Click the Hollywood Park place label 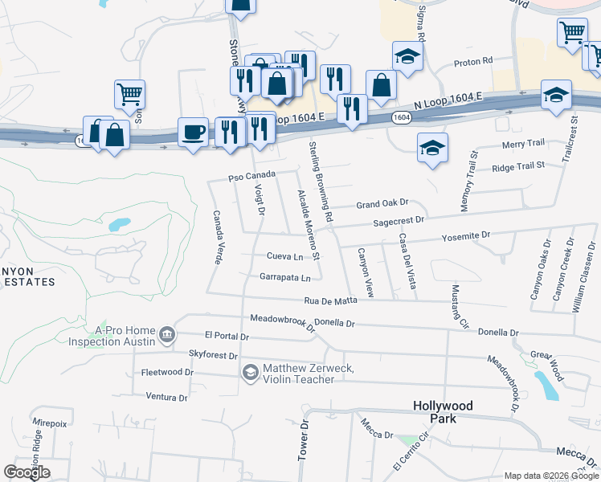point(443,412)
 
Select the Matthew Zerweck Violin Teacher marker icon point(250,372)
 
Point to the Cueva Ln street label point(285,257)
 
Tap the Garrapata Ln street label point(284,278)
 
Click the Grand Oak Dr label point(383,204)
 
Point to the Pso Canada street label point(251,175)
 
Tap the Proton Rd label point(472,61)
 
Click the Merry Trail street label point(523,144)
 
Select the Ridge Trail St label point(518,165)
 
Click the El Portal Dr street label point(228,336)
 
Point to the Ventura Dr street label point(166,396)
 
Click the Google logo point(27,472)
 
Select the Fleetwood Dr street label point(167,373)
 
